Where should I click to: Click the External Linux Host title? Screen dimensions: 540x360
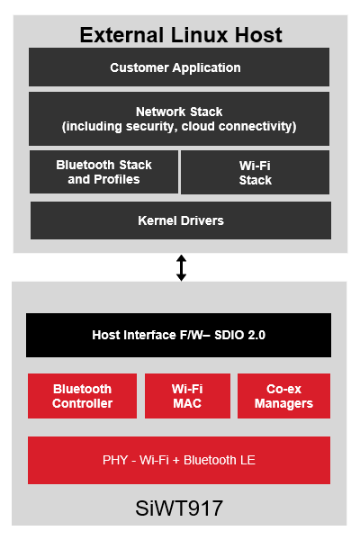click(x=180, y=35)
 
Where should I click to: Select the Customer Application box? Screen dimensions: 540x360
click(x=179, y=67)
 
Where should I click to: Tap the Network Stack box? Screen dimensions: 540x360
click(x=179, y=119)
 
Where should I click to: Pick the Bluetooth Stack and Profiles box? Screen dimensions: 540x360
click(x=103, y=172)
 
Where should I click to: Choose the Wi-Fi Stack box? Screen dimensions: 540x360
click(x=255, y=173)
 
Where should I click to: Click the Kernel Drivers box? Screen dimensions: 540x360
click(x=180, y=220)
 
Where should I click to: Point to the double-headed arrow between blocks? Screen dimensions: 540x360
click(x=181, y=268)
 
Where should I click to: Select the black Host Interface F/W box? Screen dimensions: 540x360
click(x=178, y=335)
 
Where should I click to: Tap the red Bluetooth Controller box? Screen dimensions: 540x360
click(x=82, y=396)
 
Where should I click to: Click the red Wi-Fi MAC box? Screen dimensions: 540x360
click(x=186, y=396)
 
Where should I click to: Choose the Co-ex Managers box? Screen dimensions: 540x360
click(x=283, y=396)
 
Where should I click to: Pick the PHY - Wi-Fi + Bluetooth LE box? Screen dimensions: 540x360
click(x=178, y=460)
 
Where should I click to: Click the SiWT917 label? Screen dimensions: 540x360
click(x=179, y=508)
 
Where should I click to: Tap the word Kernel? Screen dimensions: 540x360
click(x=157, y=220)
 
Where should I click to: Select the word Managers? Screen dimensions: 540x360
click(x=283, y=404)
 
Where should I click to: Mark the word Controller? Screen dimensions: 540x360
click(x=82, y=404)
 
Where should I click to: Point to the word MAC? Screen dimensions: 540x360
click(x=187, y=404)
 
